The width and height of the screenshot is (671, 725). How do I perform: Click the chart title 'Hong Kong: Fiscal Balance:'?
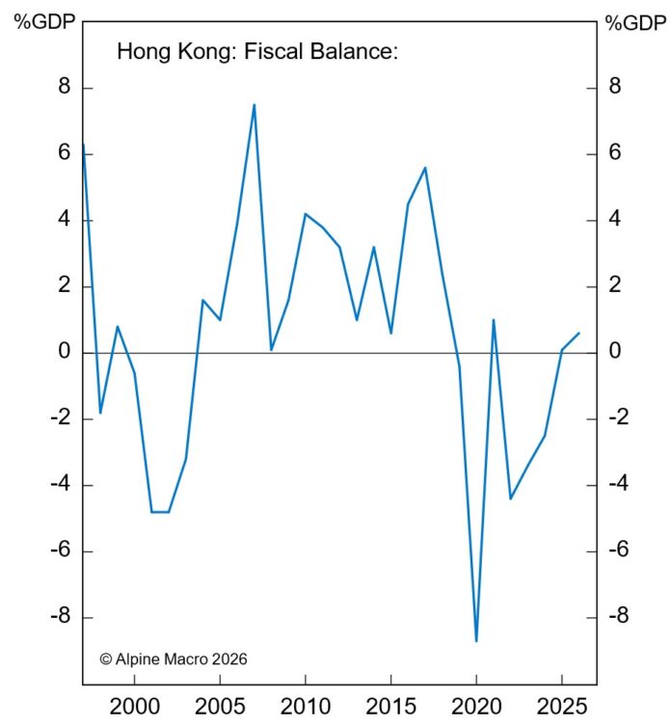tap(257, 52)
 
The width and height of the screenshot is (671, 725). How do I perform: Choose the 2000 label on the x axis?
tap(134, 705)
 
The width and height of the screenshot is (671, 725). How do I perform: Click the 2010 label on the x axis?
tap(305, 705)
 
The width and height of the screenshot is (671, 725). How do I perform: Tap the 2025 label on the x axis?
tap(562, 705)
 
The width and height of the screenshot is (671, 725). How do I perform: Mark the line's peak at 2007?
tap(254, 105)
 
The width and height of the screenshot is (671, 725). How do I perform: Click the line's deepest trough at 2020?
tap(476, 640)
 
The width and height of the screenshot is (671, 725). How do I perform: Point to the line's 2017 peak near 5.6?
tap(425, 168)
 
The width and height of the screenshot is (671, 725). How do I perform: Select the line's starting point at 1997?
tap(83, 146)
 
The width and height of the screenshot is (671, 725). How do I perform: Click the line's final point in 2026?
tap(578, 334)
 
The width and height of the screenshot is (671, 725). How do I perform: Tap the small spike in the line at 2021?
tap(494, 320)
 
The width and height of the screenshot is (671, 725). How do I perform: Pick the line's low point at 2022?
tap(510, 498)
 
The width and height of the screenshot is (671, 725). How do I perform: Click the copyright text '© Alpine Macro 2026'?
tap(174, 659)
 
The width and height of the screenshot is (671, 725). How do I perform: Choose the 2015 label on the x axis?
tap(390, 705)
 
